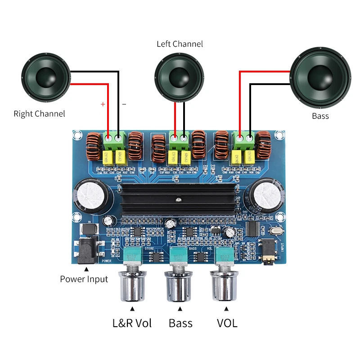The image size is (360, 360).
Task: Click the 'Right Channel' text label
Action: pyautogui.click(x=39, y=114)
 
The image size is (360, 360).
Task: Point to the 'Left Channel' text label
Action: pyautogui.click(x=180, y=44)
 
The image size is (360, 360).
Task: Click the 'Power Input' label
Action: pyautogui.click(x=84, y=279)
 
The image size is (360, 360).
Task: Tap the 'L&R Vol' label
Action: pyautogui.click(x=132, y=323)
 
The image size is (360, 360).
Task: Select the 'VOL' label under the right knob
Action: pyautogui.click(x=227, y=323)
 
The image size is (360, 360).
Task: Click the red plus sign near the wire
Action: pyautogui.click(x=103, y=104)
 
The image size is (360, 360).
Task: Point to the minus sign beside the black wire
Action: pyautogui.click(x=124, y=104)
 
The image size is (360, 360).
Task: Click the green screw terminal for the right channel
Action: pyautogui.click(x=113, y=140)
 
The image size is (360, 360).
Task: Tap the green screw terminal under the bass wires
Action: pyautogui.click(x=244, y=140)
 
